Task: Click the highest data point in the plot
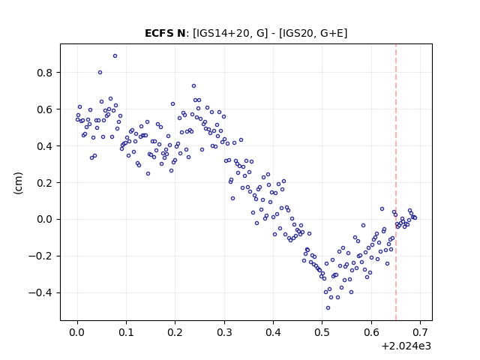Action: click(115, 56)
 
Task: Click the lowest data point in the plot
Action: click(328, 308)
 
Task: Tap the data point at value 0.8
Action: click(100, 73)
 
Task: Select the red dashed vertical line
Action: click(396, 182)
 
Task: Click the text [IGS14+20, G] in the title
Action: click(230, 33)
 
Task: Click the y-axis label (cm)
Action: click(18, 183)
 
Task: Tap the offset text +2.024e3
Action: click(406, 346)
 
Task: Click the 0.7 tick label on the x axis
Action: click(420, 332)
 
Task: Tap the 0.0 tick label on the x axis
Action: click(77, 332)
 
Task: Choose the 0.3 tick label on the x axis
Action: click(224, 332)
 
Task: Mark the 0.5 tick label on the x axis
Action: click(322, 332)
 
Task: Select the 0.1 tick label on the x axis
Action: click(127, 332)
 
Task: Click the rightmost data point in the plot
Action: click(415, 218)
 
